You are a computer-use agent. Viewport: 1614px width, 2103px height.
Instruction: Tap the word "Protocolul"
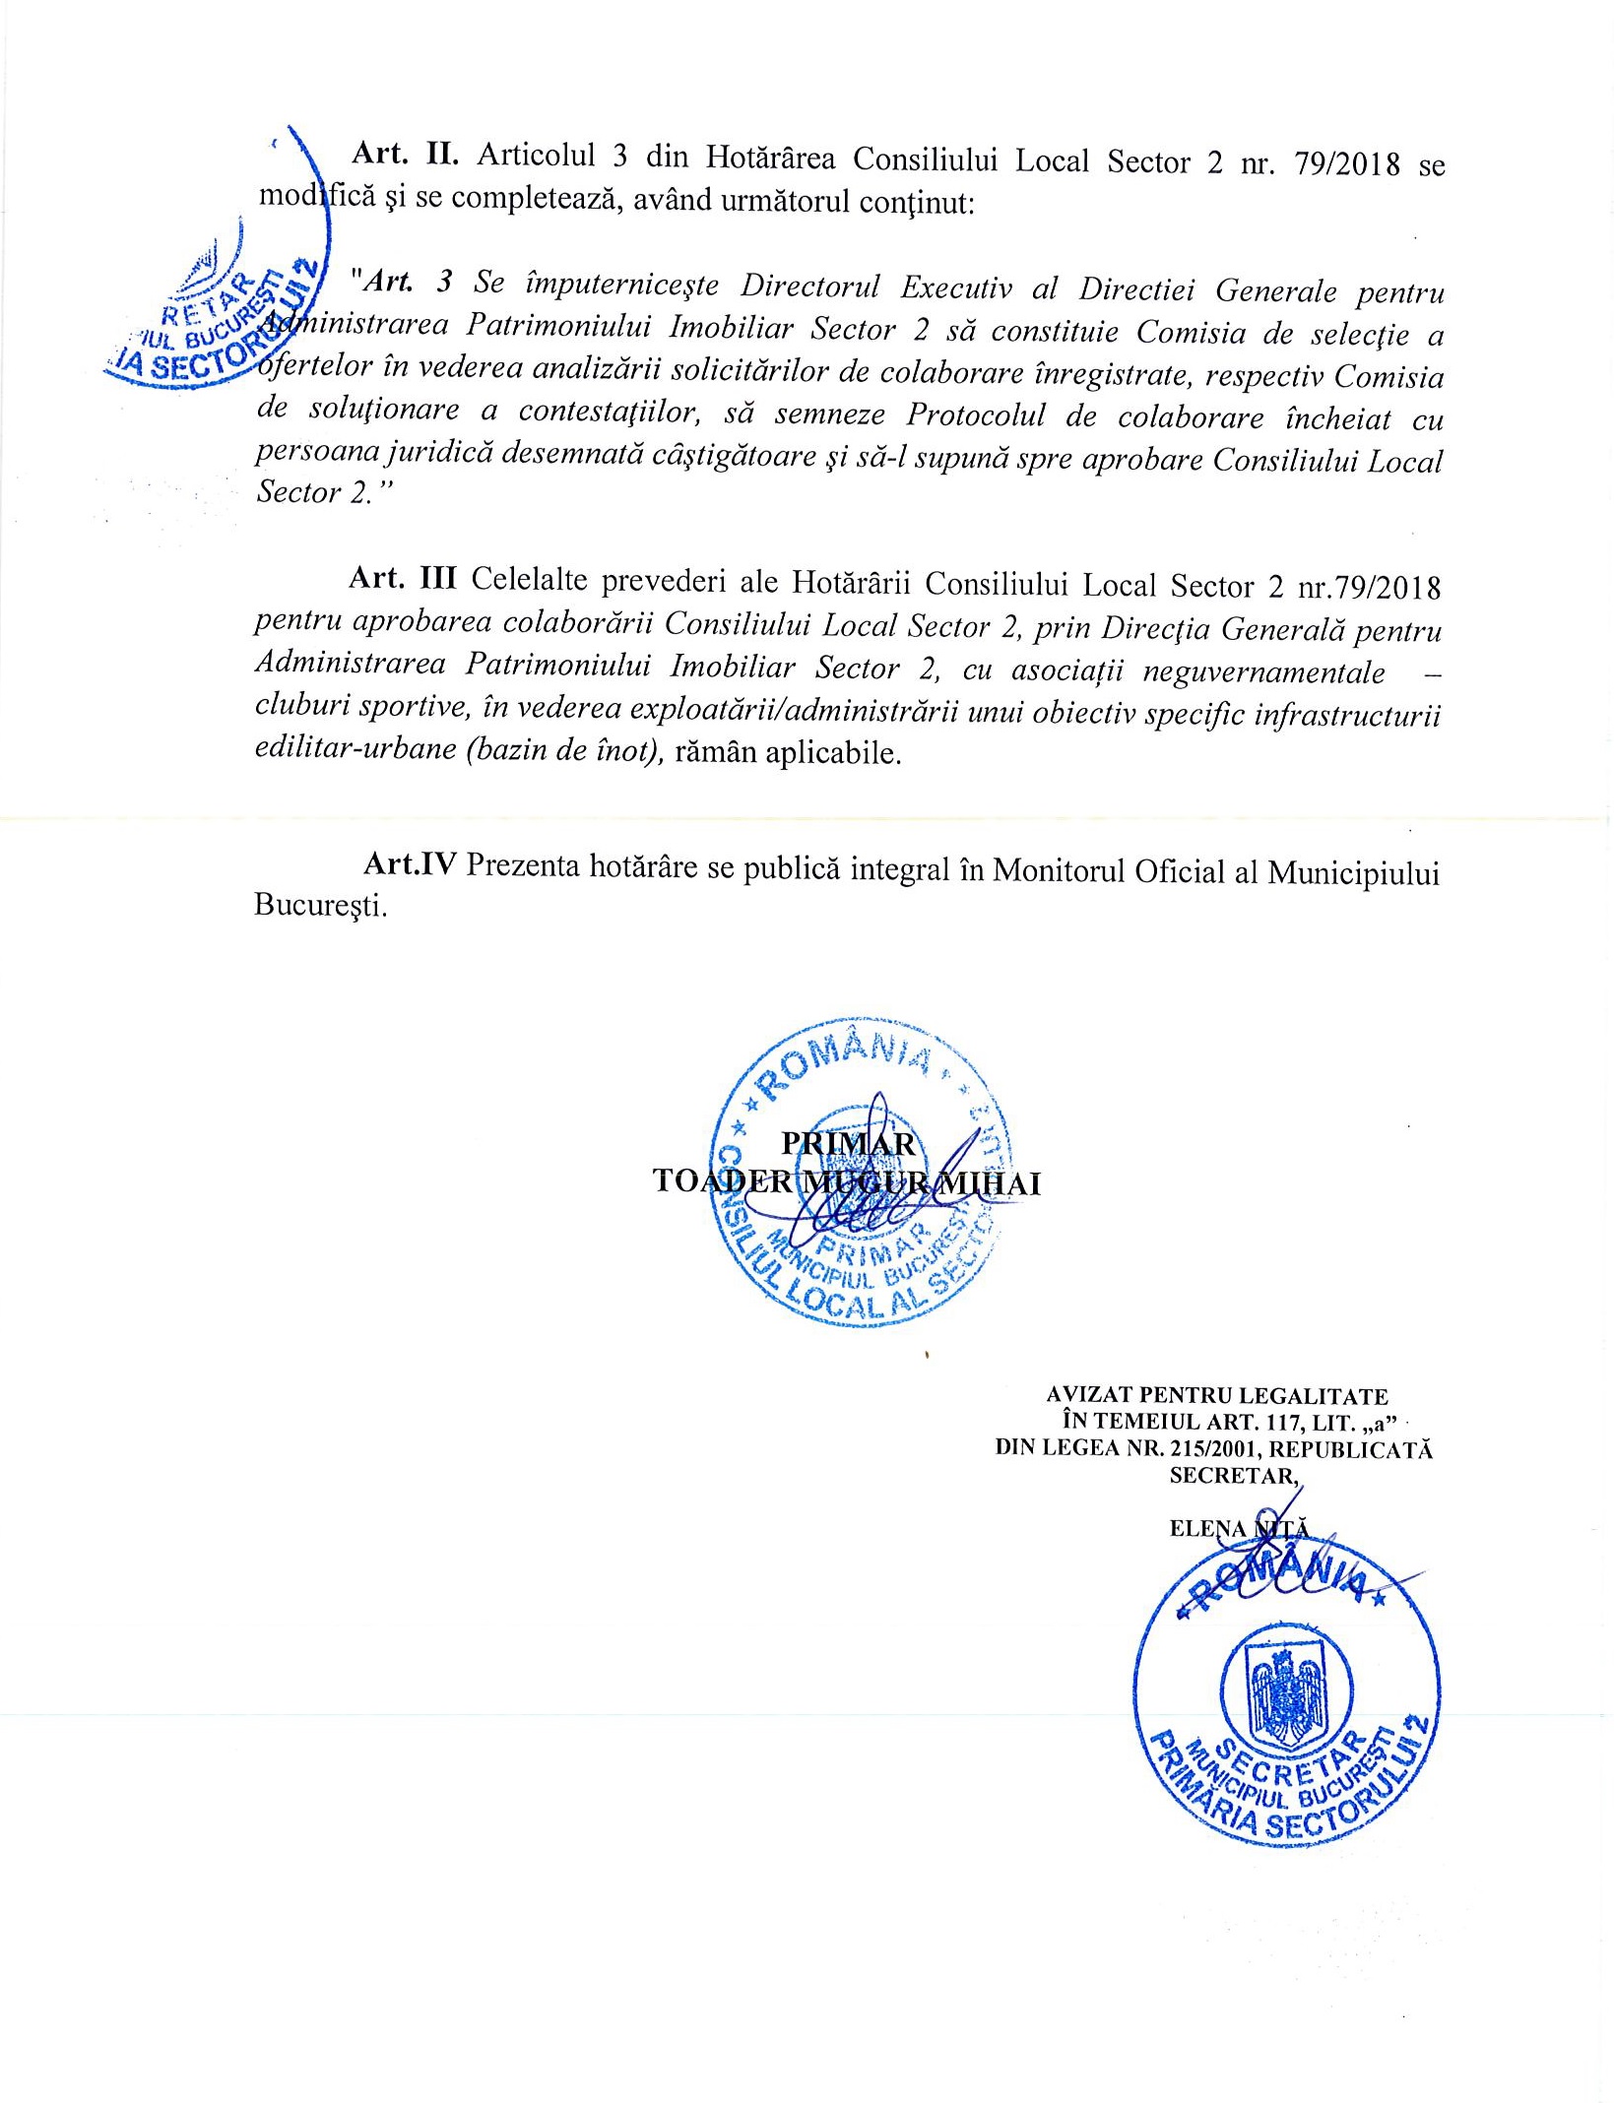tap(976, 415)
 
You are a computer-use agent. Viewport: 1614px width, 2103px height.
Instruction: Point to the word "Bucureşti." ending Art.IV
tap(320, 905)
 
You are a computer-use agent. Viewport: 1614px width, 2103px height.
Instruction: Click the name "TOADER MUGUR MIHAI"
tap(847, 1182)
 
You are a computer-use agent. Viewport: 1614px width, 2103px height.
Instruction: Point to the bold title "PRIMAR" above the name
tap(848, 1143)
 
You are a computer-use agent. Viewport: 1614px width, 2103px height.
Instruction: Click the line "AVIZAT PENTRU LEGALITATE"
tap(1217, 1396)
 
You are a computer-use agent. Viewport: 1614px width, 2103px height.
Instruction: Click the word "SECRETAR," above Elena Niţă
tap(1235, 1475)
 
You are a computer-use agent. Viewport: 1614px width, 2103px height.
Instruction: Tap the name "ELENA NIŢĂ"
tap(1239, 1528)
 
